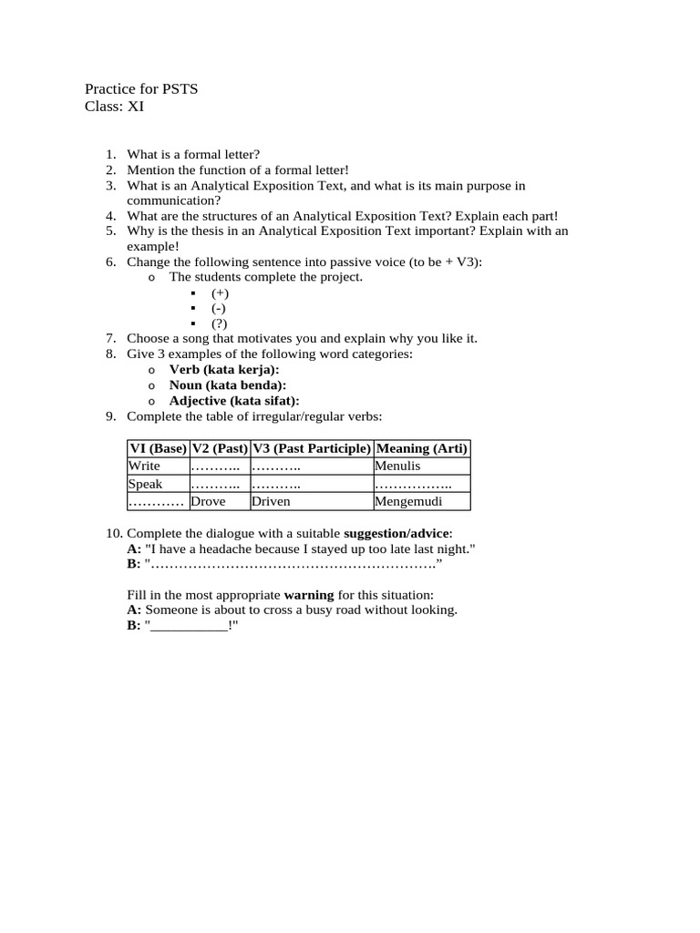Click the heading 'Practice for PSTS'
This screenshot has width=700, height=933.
[141, 88]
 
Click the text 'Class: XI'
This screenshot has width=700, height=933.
[114, 106]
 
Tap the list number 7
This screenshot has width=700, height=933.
[110, 338]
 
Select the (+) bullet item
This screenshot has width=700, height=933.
[220, 292]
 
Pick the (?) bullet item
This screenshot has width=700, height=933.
[219, 323]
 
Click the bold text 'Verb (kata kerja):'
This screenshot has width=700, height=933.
[224, 369]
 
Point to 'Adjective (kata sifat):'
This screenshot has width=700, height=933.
[234, 400]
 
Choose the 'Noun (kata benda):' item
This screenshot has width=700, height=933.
[228, 384]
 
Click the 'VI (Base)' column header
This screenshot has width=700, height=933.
[158, 448]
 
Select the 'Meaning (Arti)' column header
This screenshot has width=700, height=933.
[422, 448]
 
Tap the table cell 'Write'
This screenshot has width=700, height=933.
[144, 466]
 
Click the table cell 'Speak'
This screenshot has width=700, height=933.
[145, 484]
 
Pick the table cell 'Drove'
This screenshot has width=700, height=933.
[208, 501]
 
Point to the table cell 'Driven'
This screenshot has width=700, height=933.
[271, 501]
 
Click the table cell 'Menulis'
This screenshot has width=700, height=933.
[397, 466]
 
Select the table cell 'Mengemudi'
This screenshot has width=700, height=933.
[407, 501]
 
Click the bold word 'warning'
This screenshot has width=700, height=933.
[309, 595]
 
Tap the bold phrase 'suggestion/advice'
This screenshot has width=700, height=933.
[396, 533]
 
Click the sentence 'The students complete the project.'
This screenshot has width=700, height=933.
[266, 276]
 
